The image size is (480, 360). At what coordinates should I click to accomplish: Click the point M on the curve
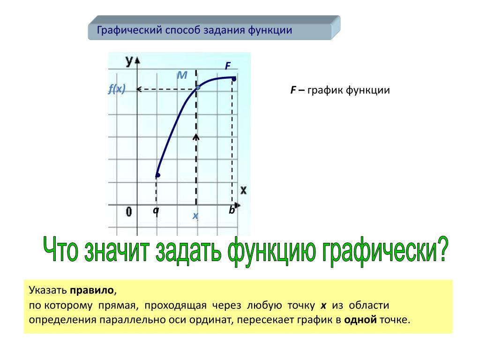pos(198,87)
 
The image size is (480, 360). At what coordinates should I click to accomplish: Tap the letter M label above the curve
pos(182,75)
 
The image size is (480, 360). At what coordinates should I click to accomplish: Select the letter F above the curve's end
pos(228,66)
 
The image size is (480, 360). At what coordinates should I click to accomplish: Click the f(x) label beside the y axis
pos(117,89)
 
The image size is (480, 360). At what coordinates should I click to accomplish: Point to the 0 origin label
pos(129,211)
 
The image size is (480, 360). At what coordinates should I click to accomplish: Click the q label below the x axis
pos(156,210)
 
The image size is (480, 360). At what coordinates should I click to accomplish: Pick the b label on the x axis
pos(232,210)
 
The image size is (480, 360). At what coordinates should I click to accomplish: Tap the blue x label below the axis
pos(195,216)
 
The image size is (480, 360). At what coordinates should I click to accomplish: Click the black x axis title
pos(243,190)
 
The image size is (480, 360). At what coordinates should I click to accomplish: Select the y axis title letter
pos(129,61)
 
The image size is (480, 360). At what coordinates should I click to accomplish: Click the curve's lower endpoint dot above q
pos(157,175)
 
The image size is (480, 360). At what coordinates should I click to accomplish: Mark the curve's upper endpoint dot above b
pos(234,79)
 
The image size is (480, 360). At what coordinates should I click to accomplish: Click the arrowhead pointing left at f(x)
pos(139,90)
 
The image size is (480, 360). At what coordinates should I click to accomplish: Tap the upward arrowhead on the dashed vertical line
pos(196,137)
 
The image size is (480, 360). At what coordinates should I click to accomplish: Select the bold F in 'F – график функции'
pos(293,90)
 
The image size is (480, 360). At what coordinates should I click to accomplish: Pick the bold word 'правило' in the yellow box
pos(92,290)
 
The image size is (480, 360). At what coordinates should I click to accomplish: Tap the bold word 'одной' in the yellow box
pos(360,320)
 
